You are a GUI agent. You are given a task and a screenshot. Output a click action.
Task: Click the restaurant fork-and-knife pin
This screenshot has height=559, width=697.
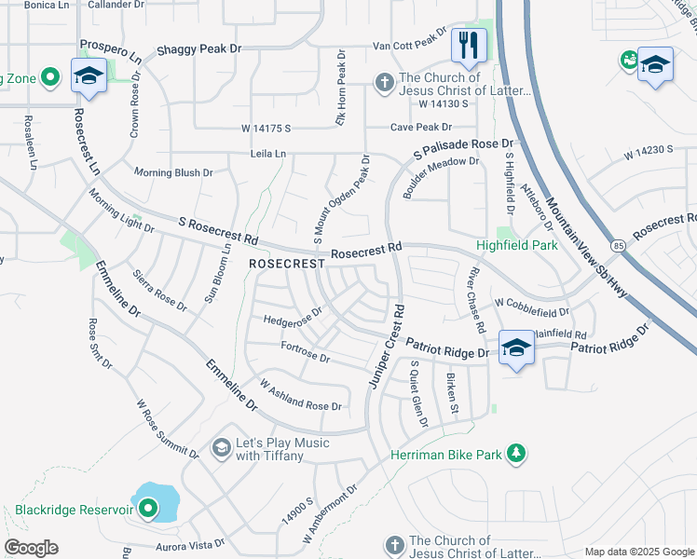(x=469, y=45)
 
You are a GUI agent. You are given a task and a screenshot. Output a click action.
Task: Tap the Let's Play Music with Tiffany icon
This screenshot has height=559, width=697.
(x=221, y=449)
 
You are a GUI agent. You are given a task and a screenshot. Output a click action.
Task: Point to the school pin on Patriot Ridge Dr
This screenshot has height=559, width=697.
(x=516, y=348)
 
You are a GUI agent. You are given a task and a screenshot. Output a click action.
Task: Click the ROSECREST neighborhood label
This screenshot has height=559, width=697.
(x=286, y=265)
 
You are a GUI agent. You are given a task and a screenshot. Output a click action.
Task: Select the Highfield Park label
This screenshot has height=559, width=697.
(x=516, y=246)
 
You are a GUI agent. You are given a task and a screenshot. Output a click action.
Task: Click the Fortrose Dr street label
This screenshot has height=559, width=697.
(x=305, y=352)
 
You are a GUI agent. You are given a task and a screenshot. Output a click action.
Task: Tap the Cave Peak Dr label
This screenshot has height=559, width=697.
(x=421, y=127)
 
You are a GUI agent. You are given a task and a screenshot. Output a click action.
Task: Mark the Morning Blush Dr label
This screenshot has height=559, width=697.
(x=173, y=172)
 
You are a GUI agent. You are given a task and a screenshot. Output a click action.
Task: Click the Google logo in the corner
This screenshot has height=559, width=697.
(x=31, y=548)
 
